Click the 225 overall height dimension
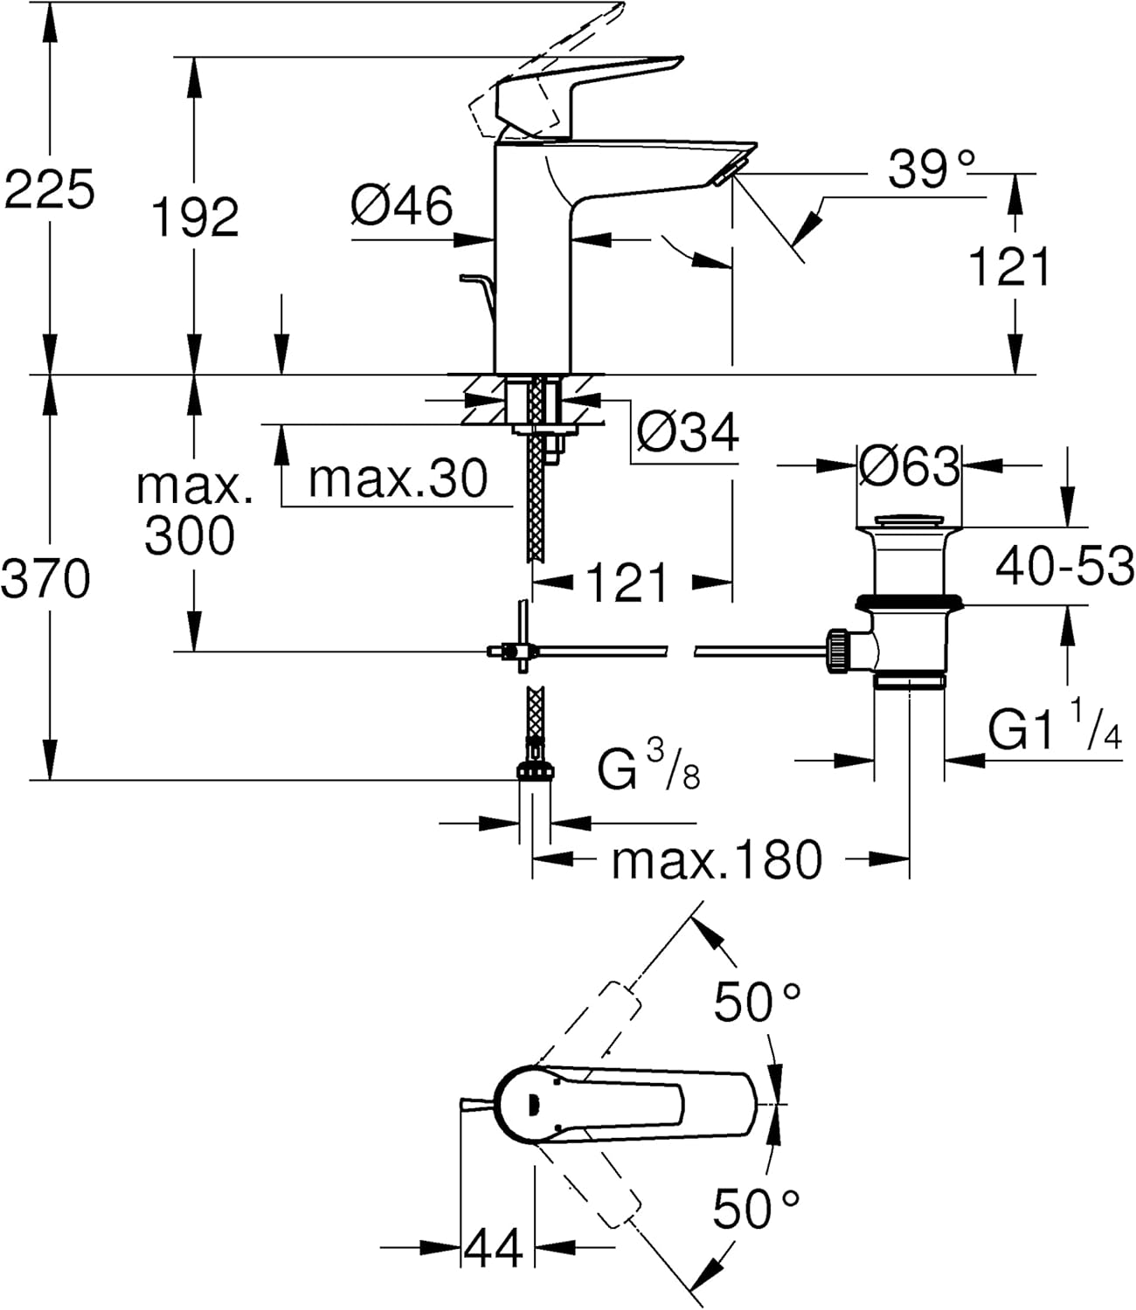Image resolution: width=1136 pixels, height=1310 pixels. (49, 189)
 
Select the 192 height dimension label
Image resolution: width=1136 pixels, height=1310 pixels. (196, 217)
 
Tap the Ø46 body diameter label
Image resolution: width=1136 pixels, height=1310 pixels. (402, 204)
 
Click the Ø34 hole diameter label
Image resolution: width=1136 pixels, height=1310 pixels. (688, 432)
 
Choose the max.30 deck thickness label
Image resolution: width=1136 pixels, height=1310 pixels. (398, 478)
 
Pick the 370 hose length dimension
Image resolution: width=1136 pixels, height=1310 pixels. (45, 578)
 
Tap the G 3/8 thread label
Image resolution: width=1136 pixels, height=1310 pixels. (648, 767)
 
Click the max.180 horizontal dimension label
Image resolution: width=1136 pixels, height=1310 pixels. (717, 860)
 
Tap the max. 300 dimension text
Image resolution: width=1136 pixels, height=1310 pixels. (193, 512)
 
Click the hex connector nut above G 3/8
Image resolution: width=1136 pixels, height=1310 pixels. (536, 771)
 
